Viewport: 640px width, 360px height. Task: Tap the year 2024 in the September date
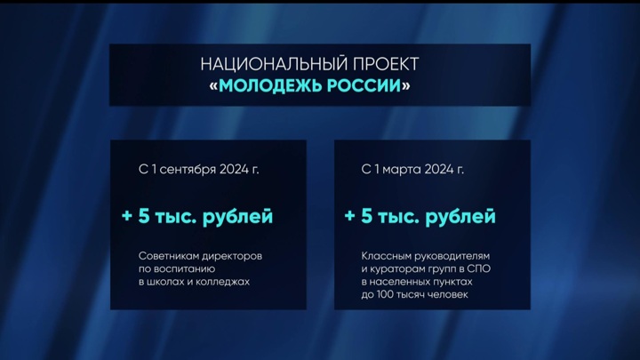[235, 168]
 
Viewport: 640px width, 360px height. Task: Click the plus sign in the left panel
[127, 216]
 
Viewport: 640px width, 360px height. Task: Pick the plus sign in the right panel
[349, 216]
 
